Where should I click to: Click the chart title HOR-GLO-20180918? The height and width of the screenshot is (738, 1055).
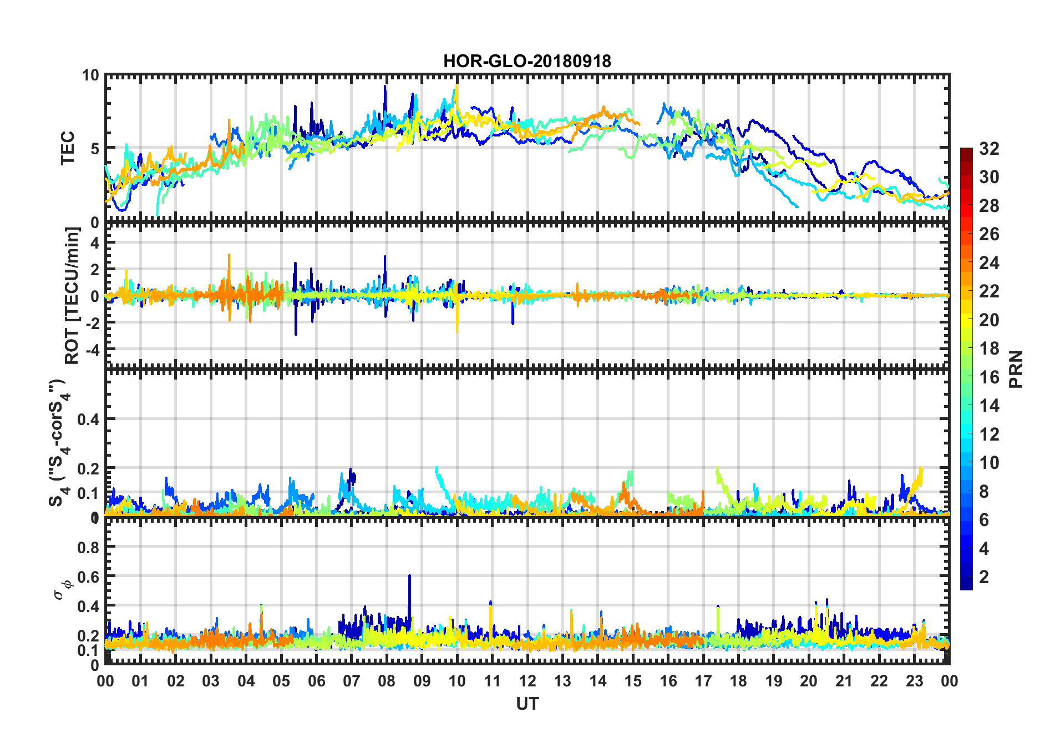point(527,61)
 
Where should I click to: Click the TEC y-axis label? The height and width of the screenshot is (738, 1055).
point(68,148)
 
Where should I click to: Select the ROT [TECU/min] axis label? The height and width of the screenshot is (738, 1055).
point(72,295)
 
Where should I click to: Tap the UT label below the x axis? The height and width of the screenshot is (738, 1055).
point(527,704)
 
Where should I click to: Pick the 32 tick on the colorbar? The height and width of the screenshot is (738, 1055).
point(989,149)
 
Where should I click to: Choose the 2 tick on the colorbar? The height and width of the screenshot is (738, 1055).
point(984,577)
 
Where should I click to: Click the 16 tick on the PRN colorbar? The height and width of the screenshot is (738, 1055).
point(989,377)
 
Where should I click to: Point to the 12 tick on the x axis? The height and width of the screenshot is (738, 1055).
point(527,681)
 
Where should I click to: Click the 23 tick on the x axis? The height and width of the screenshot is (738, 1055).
point(914,681)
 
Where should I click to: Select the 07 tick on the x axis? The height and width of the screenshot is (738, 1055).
point(352,681)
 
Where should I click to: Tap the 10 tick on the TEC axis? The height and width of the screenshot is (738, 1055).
point(90,75)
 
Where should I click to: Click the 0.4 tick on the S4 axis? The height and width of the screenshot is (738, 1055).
point(88,419)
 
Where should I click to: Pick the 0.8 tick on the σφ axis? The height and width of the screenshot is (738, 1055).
point(88,548)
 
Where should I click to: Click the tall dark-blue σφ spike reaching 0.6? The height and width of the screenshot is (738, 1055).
point(409,577)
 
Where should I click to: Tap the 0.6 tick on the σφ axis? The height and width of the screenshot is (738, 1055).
point(88,577)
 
